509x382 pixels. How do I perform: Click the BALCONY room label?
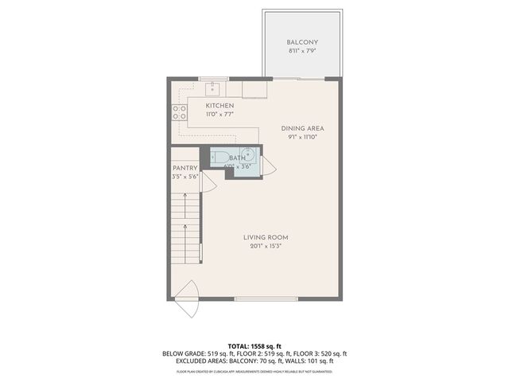coord(302,42)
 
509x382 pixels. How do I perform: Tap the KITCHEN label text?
coord(220,106)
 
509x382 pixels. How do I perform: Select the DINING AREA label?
coord(302,127)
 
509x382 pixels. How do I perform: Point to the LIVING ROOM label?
coord(266,237)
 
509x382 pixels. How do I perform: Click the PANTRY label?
coord(185,168)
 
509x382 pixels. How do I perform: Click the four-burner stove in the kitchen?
coord(179,113)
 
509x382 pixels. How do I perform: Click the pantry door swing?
coord(208,182)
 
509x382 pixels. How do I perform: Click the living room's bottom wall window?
coord(266,298)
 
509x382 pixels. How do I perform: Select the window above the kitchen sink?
coord(213,78)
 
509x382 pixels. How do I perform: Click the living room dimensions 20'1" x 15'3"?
coord(266,246)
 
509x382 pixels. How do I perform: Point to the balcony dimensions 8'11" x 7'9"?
coord(302,51)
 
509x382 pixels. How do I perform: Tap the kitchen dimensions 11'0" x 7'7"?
coord(220,115)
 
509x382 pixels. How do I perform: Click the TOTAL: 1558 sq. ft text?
coord(254,346)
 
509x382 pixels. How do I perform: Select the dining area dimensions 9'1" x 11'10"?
coord(302,136)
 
